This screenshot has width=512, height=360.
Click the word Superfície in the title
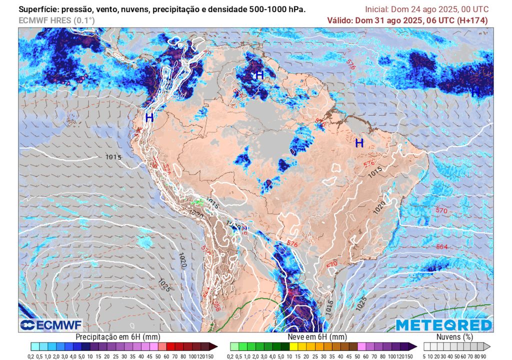(x=37, y=9)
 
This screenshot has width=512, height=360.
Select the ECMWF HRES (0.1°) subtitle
(x=56, y=20)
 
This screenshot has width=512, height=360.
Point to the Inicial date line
(x=426, y=9)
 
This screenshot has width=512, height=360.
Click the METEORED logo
(x=444, y=325)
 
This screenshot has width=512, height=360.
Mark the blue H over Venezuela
(x=259, y=75)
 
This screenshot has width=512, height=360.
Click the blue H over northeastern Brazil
(x=359, y=143)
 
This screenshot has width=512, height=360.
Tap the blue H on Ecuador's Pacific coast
(x=149, y=118)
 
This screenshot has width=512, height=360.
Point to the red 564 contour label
(x=441, y=247)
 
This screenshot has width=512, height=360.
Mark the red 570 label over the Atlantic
(x=441, y=211)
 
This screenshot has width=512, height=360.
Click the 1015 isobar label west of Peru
(x=113, y=157)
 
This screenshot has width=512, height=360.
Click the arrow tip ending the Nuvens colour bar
(x=490, y=346)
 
